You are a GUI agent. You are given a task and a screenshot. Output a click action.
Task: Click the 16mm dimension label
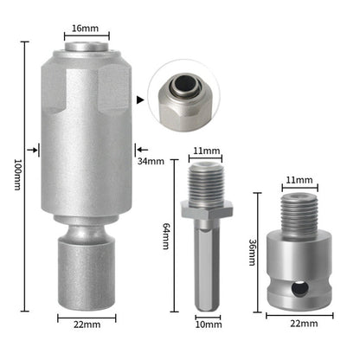click(x=87, y=27)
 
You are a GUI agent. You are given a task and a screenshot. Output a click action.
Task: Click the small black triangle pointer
click(x=140, y=99)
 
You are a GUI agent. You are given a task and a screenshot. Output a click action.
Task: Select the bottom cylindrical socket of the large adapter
click(x=87, y=277)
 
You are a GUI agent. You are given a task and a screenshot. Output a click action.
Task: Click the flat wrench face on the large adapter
click(x=113, y=95)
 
